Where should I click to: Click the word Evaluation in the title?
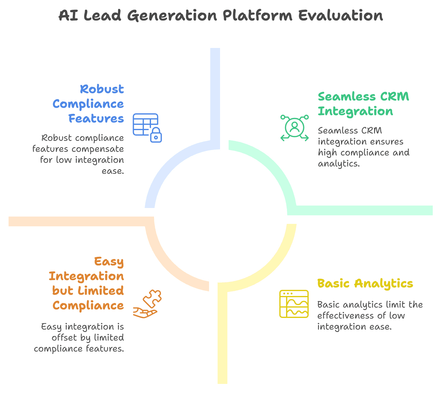tap(340, 16)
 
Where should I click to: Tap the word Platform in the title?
tap(257, 16)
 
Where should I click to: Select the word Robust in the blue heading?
tap(102, 89)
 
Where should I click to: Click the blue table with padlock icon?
tap(147, 128)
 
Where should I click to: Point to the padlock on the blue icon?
tap(156, 135)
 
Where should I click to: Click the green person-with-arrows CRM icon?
tap(294, 128)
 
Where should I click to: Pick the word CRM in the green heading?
tap(395, 97)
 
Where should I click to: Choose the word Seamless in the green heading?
tap(347, 97)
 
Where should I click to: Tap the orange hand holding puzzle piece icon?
tap(147, 304)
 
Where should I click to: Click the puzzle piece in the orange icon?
tap(152, 299)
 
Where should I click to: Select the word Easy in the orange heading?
tap(109, 261)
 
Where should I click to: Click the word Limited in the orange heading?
tap(101, 291)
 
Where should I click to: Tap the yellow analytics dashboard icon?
tap(294, 304)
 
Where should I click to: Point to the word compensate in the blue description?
tap(97, 149)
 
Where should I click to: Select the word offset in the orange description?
tap(64, 338)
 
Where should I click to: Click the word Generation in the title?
tap(172, 16)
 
